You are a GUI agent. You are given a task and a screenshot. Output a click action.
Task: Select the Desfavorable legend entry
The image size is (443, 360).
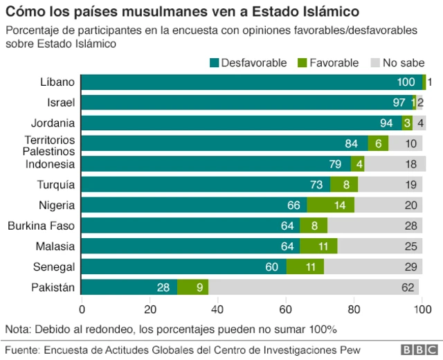(248, 63)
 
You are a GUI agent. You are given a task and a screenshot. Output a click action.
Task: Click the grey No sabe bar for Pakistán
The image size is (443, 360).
(314, 287)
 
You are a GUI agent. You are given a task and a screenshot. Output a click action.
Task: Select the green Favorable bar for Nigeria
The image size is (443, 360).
(330, 205)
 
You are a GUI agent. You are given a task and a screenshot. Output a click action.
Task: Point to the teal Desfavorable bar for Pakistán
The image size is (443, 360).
(129, 287)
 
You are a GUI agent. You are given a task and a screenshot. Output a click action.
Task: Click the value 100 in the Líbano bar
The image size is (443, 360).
(406, 82)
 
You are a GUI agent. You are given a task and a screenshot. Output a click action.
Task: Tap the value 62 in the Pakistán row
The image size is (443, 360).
(408, 287)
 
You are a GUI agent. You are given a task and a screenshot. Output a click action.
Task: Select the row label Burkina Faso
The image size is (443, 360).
(41, 226)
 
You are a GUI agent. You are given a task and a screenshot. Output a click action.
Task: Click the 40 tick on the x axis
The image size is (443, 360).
(218, 309)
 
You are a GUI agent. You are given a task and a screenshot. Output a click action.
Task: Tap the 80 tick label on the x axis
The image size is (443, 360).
(354, 309)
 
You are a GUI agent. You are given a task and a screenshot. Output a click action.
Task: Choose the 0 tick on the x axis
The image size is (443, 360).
(82, 309)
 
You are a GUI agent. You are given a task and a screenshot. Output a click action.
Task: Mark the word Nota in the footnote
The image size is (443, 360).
(18, 329)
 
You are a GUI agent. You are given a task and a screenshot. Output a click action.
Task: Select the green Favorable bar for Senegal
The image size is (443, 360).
(305, 267)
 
